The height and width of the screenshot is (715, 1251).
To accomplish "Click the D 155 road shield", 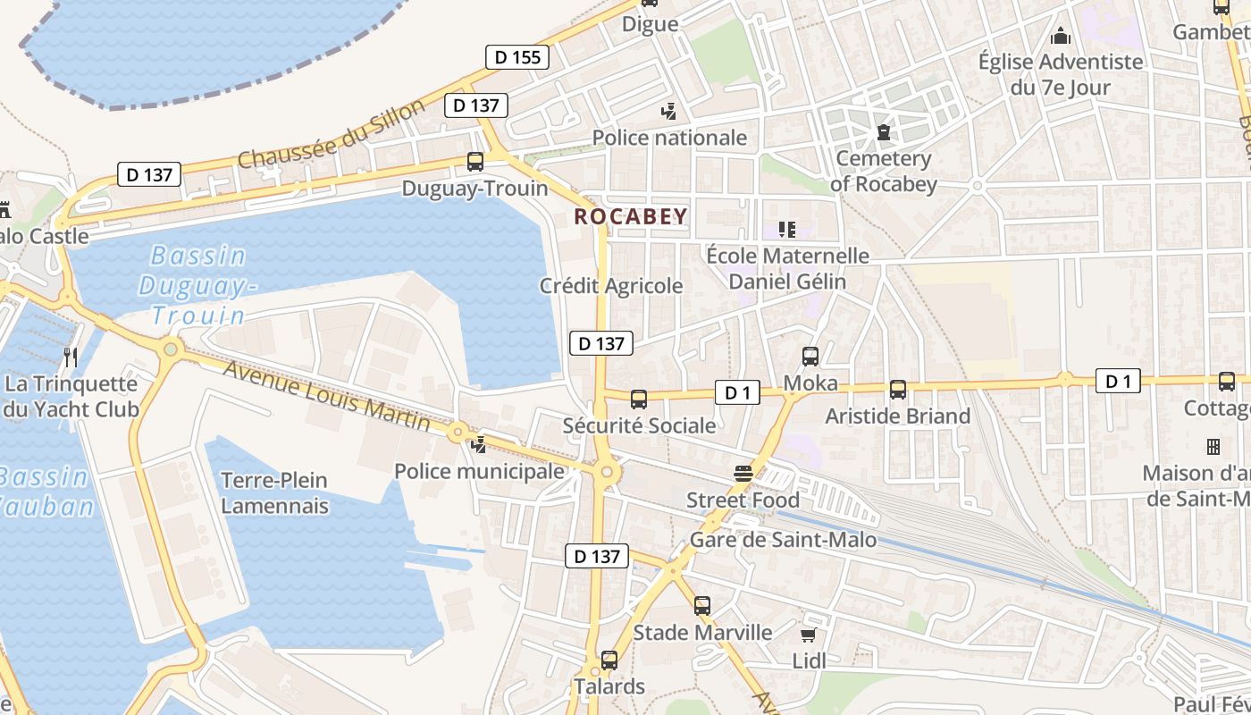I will (x=517, y=57).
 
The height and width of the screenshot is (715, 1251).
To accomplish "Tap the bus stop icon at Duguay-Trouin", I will (x=475, y=162).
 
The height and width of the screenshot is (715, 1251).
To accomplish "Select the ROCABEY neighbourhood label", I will (x=630, y=216).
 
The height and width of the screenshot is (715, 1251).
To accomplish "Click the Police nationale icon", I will (x=668, y=112).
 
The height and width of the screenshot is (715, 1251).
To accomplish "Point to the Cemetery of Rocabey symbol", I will (x=884, y=133).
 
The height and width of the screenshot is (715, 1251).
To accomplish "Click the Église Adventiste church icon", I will (x=1061, y=36).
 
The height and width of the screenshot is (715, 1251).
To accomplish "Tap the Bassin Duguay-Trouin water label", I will (x=197, y=286).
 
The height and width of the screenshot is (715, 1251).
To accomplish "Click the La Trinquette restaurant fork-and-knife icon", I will (x=71, y=357).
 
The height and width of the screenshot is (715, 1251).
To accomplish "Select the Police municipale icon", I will (x=480, y=444).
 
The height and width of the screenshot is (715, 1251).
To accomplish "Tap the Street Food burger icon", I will (x=743, y=474).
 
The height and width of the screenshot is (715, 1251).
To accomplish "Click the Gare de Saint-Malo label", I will (x=783, y=540).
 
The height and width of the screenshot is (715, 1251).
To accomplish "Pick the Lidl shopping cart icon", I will (x=809, y=635).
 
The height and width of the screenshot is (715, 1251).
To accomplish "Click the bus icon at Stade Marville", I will (x=702, y=606).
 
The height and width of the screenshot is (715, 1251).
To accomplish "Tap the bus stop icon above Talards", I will (x=609, y=660).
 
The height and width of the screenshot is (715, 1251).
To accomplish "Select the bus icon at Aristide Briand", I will (x=898, y=390).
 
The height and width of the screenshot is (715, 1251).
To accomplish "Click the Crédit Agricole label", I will (x=611, y=286).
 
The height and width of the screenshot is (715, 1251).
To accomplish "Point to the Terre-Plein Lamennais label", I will (x=274, y=493).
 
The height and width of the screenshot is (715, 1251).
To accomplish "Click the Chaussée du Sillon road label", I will (x=332, y=135).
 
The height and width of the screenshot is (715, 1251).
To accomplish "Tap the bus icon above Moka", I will (x=810, y=357).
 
